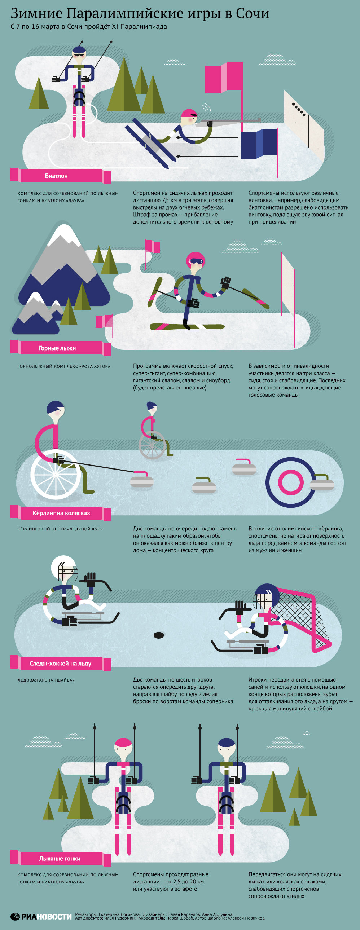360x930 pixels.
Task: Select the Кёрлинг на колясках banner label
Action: click(61, 513)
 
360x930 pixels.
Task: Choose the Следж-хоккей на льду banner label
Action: click(61, 664)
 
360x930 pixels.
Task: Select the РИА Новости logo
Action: click(41, 916)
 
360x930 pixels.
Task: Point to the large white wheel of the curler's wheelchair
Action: click(55, 474)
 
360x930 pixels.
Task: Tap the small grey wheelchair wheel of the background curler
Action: click(152, 445)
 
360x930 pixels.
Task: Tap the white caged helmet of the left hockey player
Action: click(64, 568)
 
